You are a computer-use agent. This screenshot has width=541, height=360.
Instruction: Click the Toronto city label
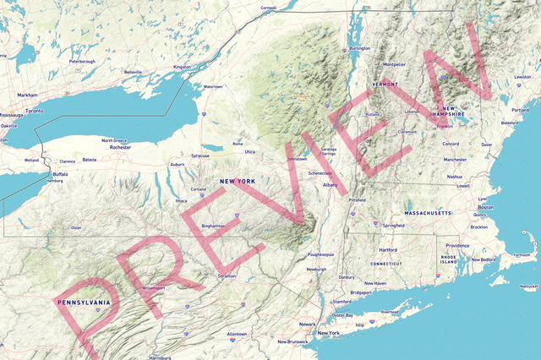coord(34,112)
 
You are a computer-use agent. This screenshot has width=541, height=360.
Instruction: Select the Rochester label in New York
coord(120,147)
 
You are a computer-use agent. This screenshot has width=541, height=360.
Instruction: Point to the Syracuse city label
coord(200,155)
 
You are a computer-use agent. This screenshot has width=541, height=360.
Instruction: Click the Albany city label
coord(330,184)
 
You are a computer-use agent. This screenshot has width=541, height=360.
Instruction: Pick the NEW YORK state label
coord(237,182)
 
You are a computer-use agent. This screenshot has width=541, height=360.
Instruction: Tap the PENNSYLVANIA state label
coord(83,302)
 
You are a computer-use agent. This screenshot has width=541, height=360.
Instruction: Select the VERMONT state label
coord(385,85)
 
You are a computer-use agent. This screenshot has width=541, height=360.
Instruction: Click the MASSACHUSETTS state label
coord(429,214)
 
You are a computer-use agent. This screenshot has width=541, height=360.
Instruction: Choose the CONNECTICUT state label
coord(385,264)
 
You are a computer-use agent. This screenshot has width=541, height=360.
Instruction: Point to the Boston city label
coord(485,207)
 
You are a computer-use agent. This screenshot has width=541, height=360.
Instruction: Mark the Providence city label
coord(457,245)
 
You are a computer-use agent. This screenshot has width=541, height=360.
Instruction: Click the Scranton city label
coord(227,275)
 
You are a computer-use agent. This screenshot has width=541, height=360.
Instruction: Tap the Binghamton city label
coord(213,226)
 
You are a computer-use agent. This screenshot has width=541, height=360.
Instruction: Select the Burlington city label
coord(359,48)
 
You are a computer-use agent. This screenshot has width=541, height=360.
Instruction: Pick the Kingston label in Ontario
coord(182,67)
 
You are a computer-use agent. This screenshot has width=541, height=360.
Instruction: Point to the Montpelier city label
coord(394,63)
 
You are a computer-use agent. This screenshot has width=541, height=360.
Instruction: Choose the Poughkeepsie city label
coord(320,254)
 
